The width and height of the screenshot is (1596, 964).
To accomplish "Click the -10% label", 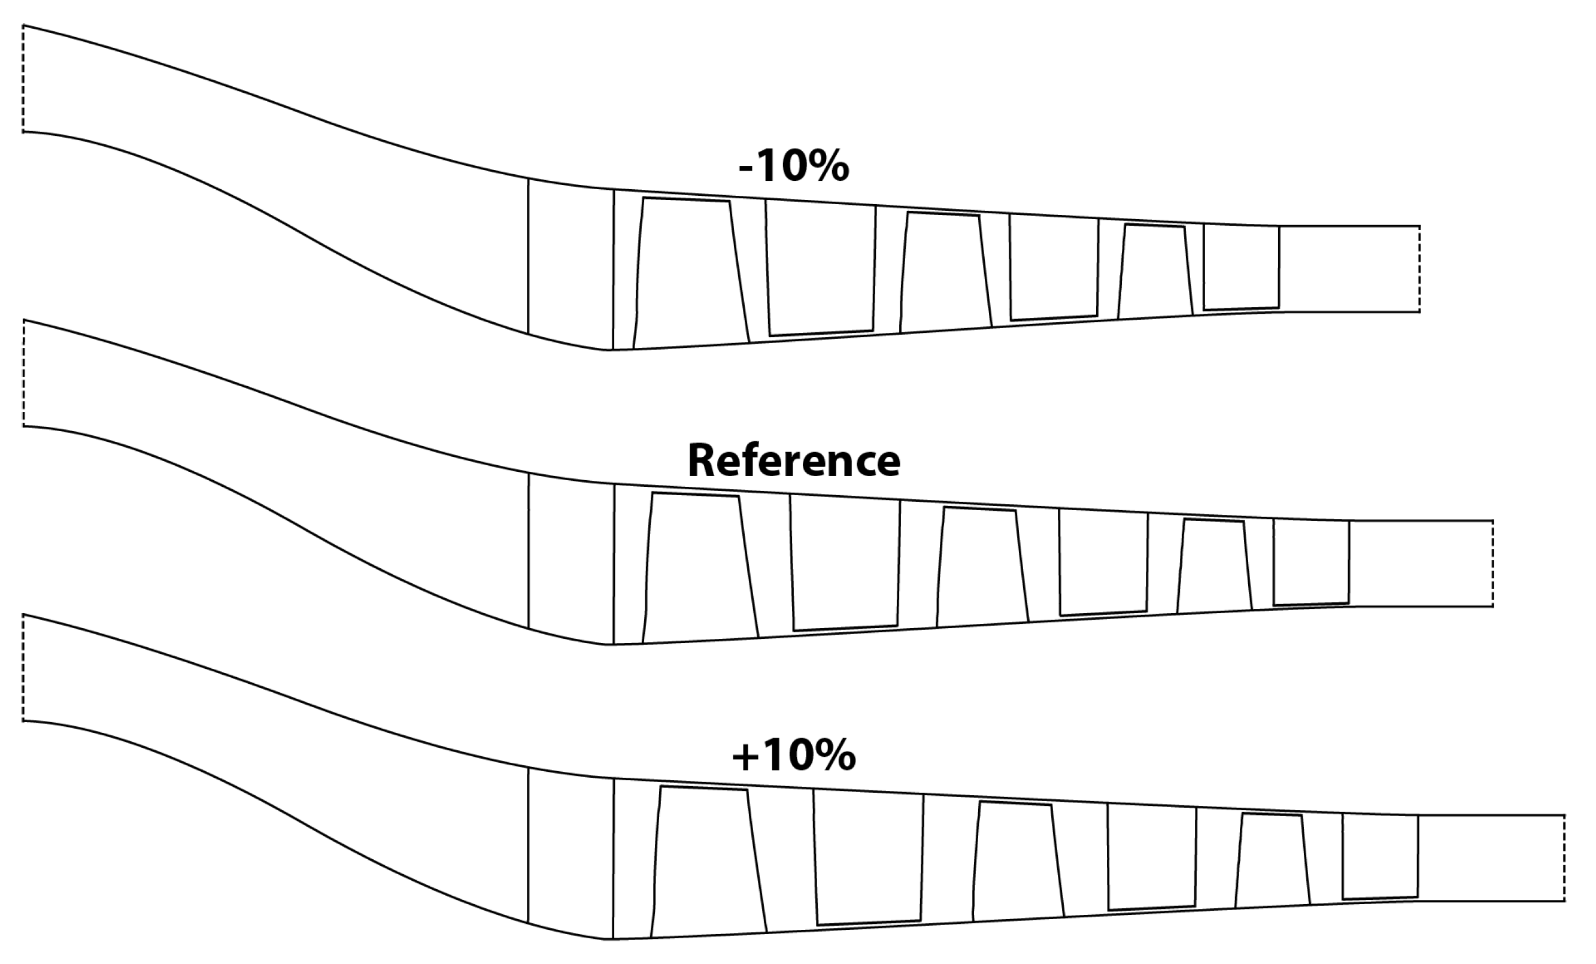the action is [793, 167].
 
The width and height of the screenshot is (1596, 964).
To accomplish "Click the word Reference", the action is [793, 461].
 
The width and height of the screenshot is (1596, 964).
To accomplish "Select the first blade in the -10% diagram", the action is [690, 272].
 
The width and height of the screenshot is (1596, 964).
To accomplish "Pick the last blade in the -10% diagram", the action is [1241, 268].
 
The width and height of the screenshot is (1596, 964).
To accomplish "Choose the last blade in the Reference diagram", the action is [1311, 562].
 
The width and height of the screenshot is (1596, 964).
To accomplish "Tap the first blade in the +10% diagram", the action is [708, 862].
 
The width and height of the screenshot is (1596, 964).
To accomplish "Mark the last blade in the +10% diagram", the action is [1380, 856].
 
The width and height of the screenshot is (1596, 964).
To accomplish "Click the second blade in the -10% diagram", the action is [821, 269].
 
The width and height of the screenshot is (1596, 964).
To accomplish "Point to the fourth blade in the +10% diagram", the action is [1151, 859].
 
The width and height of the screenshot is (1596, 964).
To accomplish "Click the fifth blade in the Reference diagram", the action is [1214, 565].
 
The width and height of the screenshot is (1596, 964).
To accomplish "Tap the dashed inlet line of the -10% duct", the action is [23, 78].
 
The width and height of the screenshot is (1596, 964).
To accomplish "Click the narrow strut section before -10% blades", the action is [570, 262].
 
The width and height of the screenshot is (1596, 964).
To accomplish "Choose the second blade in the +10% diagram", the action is [868, 858].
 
